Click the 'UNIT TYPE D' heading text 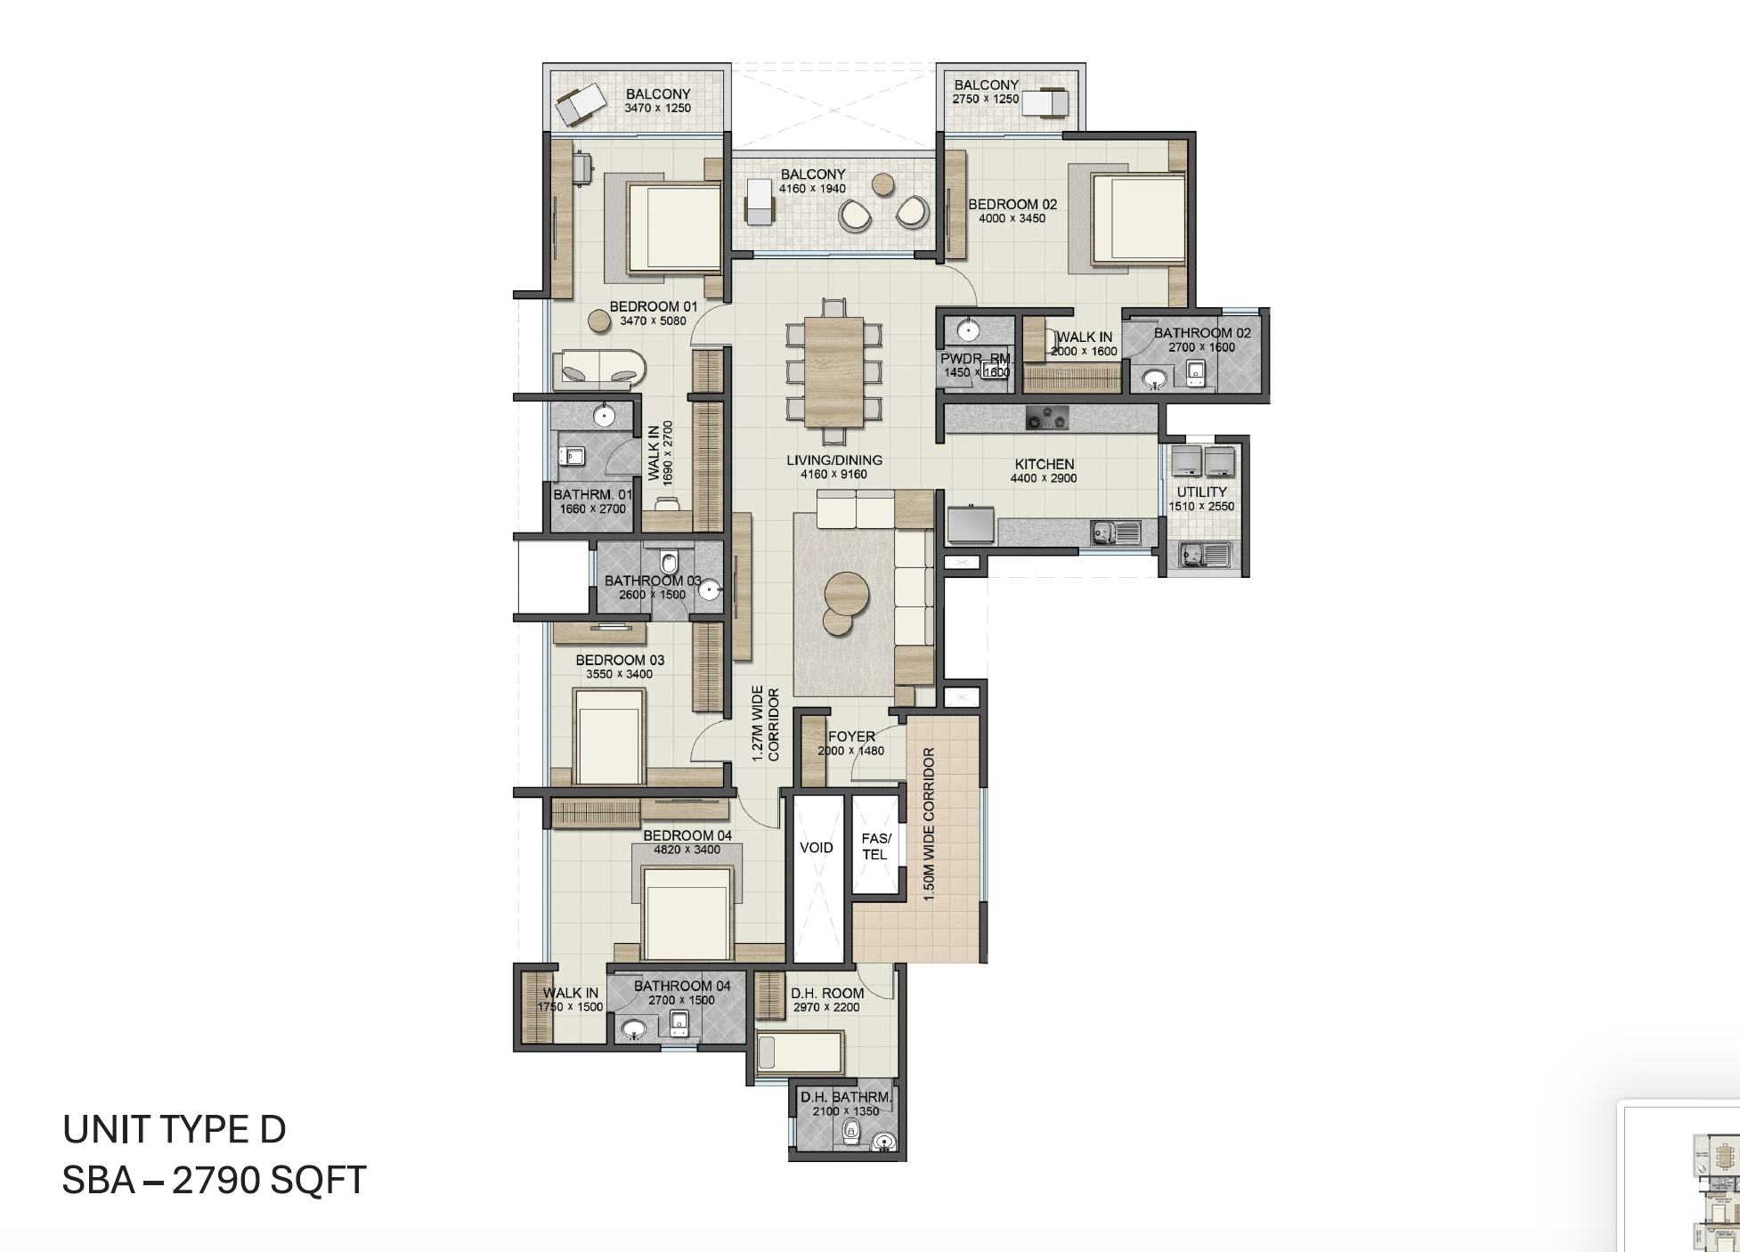click(175, 1130)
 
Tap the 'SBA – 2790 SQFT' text click(214, 1181)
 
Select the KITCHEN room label click(1044, 464)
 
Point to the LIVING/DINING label click(834, 460)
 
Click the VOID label click(816, 848)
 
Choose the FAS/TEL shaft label click(875, 846)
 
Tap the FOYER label click(851, 736)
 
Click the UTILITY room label click(1201, 492)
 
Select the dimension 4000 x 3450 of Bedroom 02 click(1012, 218)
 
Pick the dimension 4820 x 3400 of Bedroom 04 click(687, 850)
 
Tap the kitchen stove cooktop click(1046, 417)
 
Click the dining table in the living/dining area click(833, 371)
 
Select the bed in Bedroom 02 click(1137, 218)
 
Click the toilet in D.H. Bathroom click(851, 1132)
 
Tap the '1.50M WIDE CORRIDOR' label click(929, 824)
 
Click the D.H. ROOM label click(826, 993)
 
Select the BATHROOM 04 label click(681, 986)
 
